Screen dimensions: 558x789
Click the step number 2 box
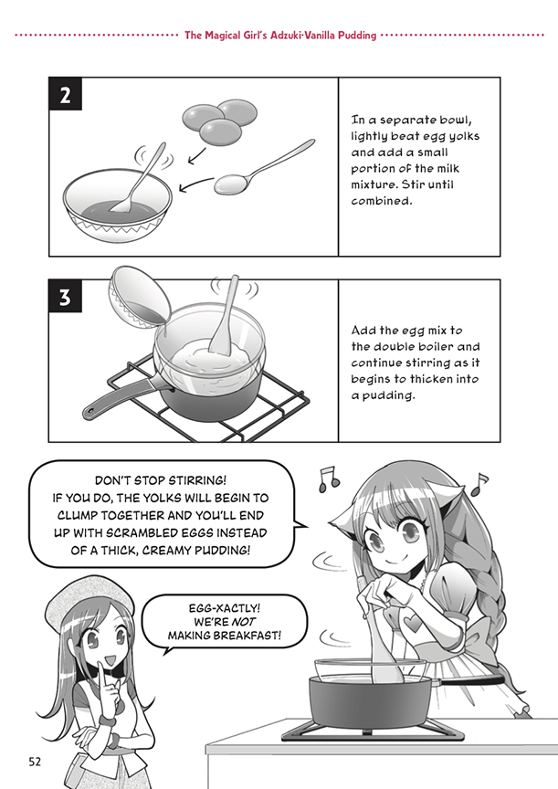click(66, 93)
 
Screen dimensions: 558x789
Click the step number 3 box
click(66, 297)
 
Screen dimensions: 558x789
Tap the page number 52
click(35, 762)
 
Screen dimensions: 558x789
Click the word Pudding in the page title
click(357, 36)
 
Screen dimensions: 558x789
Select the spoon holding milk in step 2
click(264, 167)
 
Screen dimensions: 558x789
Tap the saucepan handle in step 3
click(120, 398)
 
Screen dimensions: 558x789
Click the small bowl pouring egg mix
click(140, 297)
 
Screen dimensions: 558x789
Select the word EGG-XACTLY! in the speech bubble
click(225, 609)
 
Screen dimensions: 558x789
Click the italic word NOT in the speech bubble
click(244, 623)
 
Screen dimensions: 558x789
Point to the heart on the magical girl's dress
click(413, 624)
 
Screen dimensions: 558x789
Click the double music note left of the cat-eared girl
click(328, 479)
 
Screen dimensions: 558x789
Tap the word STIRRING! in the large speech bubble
click(197, 480)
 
